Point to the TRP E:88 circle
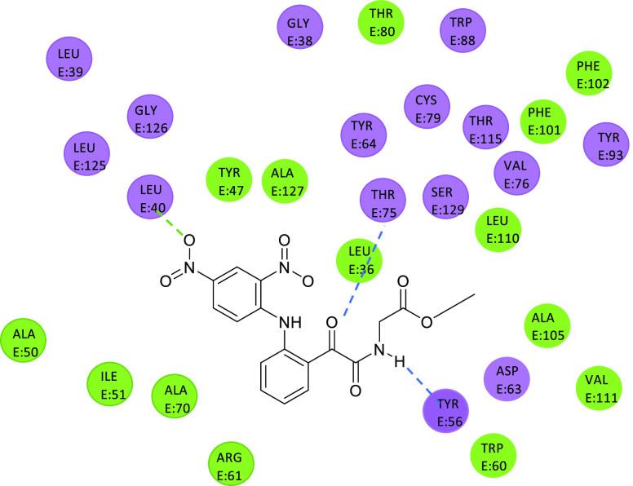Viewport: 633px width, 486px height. pyautogui.click(x=463, y=31)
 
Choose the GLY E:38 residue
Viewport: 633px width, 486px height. pyautogui.click(x=300, y=31)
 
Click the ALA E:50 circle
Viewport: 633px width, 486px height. pyautogui.click(x=24, y=342)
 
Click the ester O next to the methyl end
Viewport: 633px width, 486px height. pyautogui.click(x=427, y=320)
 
